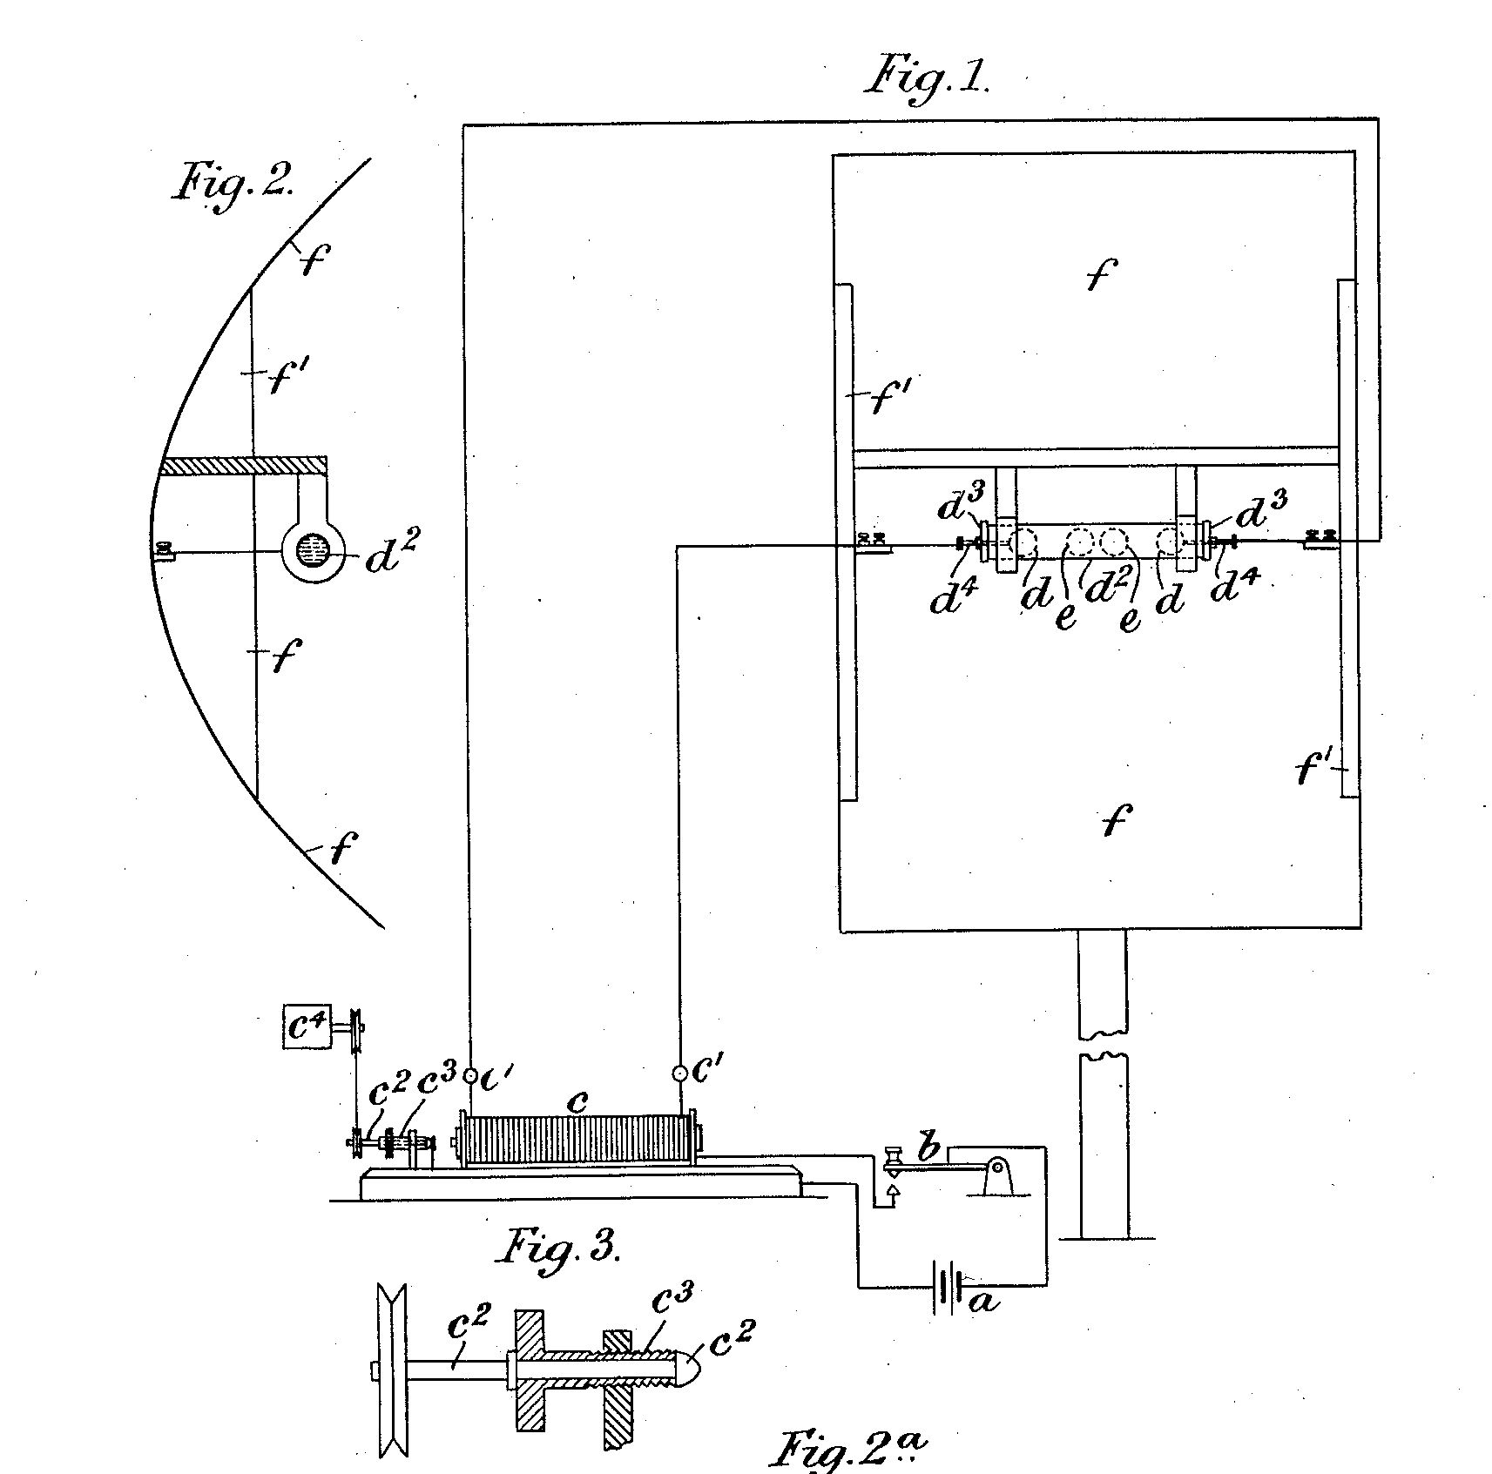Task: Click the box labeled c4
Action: click(x=307, y=1026)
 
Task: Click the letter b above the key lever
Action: click(x=928, y=1148)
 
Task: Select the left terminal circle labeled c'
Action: click(x=470, y=1077)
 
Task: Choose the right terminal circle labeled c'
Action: click(x=678, y=1073)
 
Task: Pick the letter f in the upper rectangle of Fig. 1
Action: click(x=1101, y=274)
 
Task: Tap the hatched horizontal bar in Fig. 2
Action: click(x=243, y=466)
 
